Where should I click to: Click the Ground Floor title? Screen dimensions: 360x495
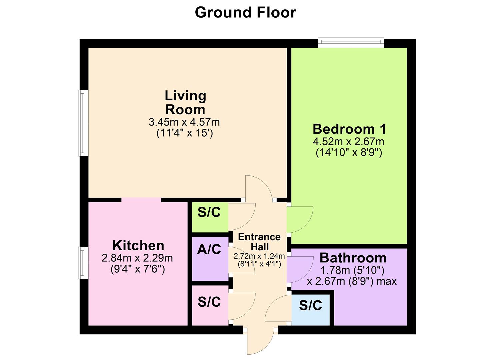245,13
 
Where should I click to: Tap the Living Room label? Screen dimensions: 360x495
185,102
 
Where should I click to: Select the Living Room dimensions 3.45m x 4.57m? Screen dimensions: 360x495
184,122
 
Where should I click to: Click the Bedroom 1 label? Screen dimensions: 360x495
349,129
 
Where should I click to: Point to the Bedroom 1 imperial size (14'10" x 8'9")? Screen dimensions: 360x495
349,153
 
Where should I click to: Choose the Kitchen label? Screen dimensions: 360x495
138,246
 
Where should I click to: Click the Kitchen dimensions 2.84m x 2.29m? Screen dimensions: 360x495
137,258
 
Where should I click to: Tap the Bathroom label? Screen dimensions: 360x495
353,258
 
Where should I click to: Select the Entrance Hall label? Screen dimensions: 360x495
259,242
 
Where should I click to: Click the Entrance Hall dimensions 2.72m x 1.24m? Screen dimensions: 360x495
259,256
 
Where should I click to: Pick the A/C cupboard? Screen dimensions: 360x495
209,259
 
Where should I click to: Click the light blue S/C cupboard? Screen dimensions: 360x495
311,308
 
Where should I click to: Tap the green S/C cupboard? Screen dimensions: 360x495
209,217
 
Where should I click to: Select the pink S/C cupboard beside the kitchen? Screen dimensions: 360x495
209,305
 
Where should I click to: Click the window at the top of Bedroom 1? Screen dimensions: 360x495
351,42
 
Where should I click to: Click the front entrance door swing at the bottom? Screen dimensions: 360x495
260,342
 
